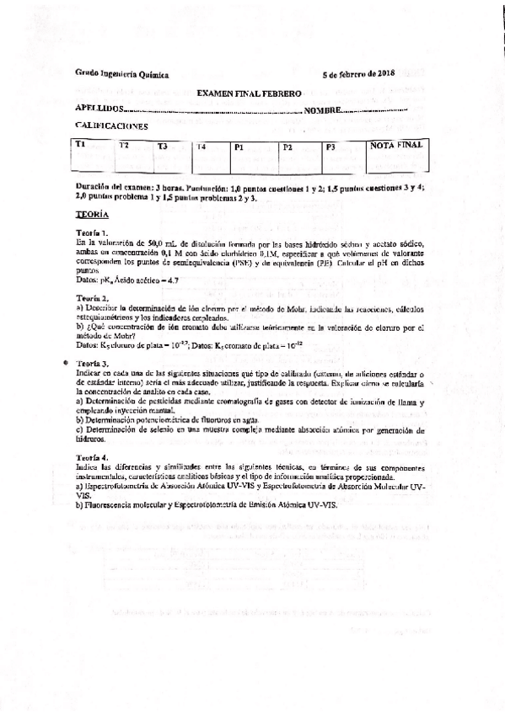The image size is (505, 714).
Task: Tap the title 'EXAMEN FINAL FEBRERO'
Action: [249, 96]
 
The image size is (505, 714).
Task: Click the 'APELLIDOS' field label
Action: [98, 109]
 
